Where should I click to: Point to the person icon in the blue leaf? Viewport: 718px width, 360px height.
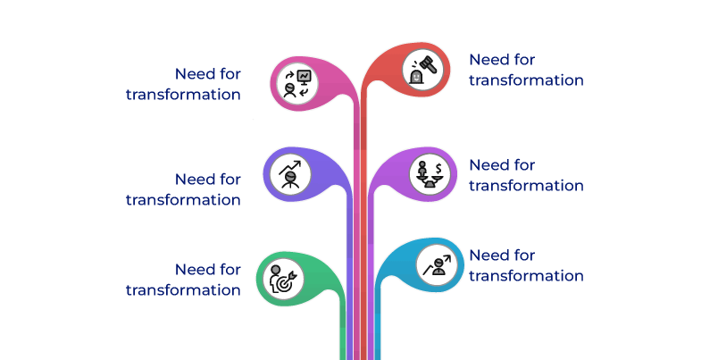tap(436, 264)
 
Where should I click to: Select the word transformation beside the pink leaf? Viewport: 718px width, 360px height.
tap(183, 94)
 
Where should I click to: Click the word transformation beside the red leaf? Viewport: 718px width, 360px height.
tap(526, 80)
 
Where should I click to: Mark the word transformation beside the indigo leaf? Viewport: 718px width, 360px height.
tap(183, 199)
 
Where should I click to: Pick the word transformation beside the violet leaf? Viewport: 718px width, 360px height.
tap(526, 185)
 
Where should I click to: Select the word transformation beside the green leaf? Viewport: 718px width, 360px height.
tap(183, 289)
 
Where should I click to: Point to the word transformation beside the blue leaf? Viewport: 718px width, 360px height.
tap(526, 275)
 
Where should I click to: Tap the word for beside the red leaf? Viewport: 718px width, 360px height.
tap(525, 60)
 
